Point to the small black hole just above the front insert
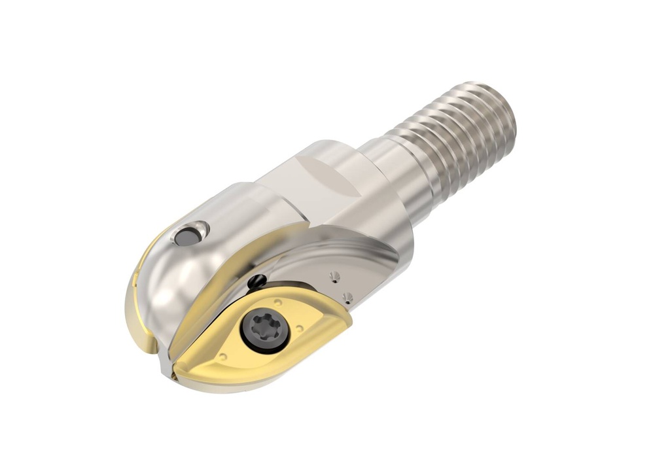256,282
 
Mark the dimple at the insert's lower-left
224,357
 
